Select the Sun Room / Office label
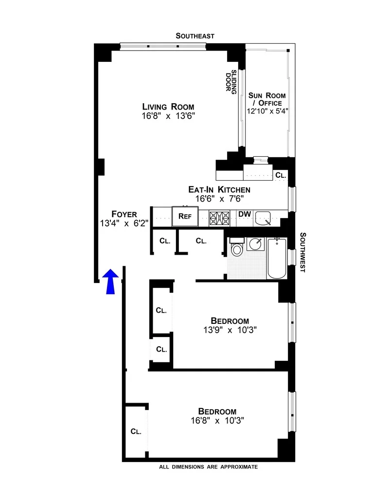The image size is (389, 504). click(x=267, y=99)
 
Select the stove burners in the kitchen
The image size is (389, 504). click(x=219, y=217)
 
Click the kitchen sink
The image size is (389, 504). click(x=265, y=218)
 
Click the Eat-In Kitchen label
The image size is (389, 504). click(x=219, y=189)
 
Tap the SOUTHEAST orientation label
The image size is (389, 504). click(x=195, y=36)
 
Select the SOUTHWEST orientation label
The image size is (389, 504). click(x=302, y=252)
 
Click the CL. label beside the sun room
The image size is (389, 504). click(x=281, y=175)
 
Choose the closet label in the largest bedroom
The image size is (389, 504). click(x=136, y=431)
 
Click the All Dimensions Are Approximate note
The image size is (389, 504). click(x=208, y=467)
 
